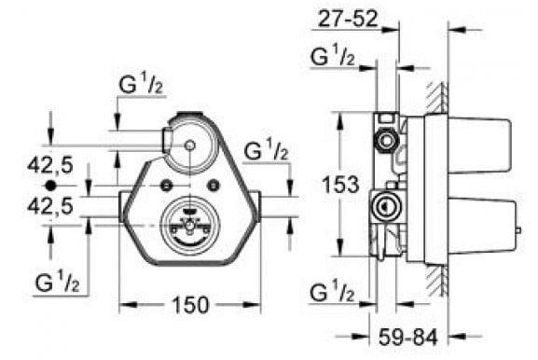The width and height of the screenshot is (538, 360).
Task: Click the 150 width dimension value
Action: tap(190, 305)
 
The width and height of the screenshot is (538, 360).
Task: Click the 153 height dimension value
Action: tap(340, 185)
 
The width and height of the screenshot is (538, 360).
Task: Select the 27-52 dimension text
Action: tap(347, 19)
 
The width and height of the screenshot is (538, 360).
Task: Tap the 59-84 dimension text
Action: tap(408, 337)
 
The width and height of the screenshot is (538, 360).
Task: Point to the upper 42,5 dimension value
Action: tap(50, 165)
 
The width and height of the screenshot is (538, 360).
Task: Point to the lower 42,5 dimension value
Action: tap(50, 206)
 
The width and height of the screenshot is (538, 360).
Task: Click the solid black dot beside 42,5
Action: tap(50, 186)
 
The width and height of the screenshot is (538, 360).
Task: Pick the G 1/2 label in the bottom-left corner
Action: tap(57, 282)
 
